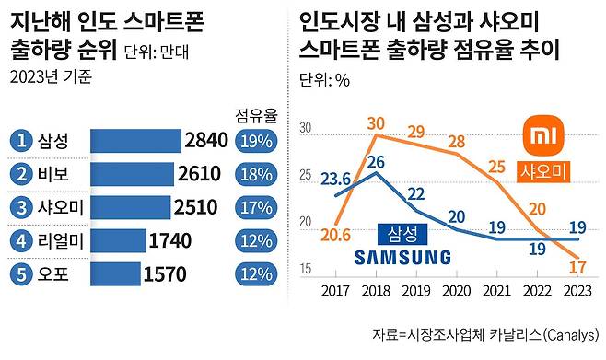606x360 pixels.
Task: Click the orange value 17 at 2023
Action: coord(578,269)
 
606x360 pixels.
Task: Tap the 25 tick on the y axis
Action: coord(306,176)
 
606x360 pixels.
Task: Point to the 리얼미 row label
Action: coord(62,240)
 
